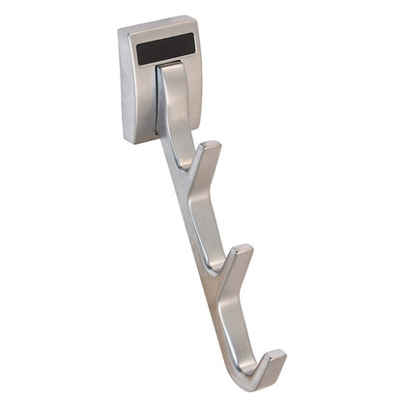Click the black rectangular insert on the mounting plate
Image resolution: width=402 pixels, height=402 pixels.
tap(165, 48)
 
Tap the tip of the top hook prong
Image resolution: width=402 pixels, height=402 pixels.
tap(214, 147)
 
